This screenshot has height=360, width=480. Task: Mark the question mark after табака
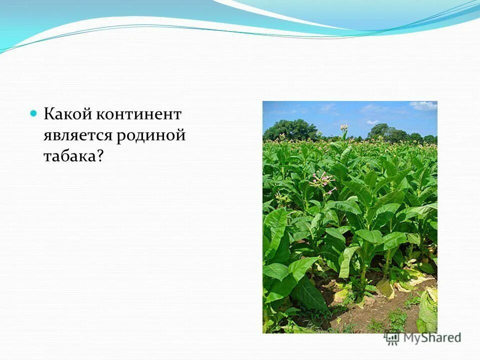click(x=100, y=156)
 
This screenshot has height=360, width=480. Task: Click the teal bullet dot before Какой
click(x=34, y=113)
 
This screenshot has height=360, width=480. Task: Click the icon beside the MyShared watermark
click(x=392, y=337)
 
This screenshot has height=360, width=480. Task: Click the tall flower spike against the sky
click(x=344, y=129)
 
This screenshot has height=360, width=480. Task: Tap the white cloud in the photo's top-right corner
click(x=423, y=105)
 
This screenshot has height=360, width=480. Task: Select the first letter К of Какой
click(x=49, y=114)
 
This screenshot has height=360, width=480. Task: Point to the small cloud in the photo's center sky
click(x=372, y=121)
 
